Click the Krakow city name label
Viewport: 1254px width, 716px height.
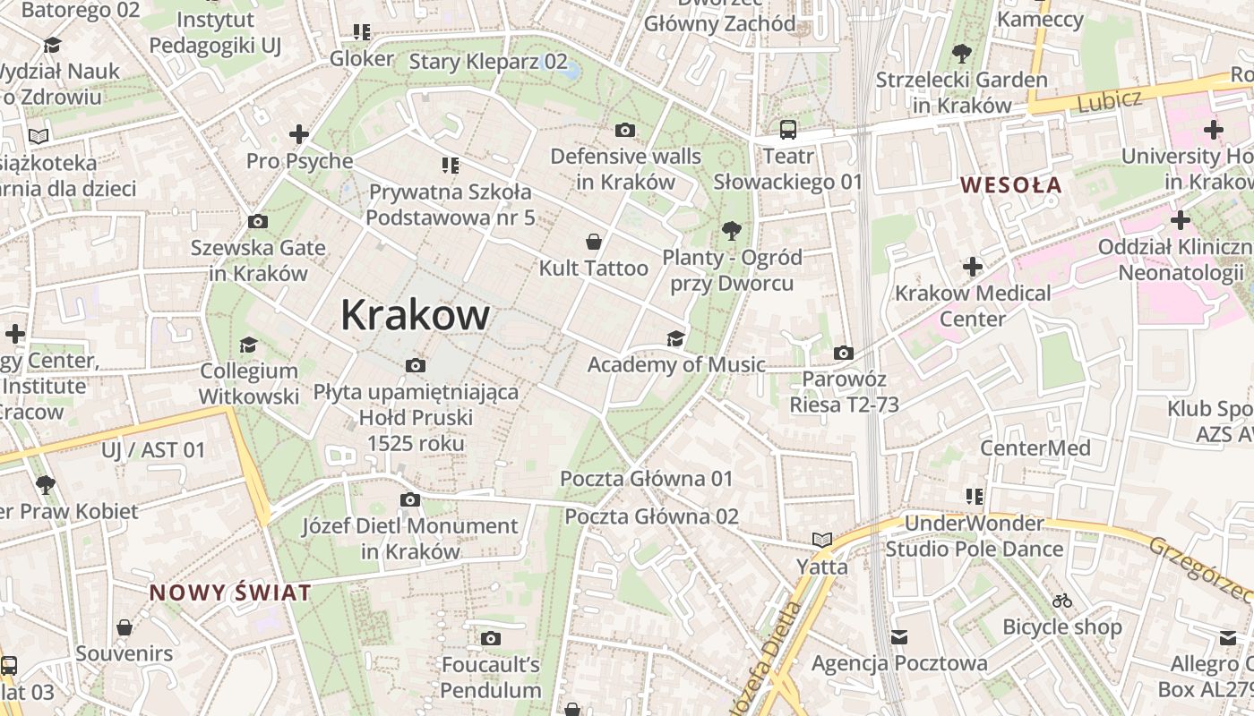(x=415, y=315)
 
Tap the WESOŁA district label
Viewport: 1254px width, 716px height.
(x=1010, y=185)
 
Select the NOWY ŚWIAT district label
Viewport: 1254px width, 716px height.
(x=230, y=592)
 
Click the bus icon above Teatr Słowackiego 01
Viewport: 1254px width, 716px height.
(x=788, y=130)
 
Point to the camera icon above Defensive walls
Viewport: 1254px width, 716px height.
(x=626, y=131)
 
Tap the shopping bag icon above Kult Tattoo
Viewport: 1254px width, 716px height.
(x=593, y=242)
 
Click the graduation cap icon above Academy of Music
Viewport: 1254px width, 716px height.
(x=675, y=338)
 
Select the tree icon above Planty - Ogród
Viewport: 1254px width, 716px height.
(x=732, y=231)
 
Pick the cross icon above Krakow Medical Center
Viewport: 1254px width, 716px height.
(x=972, y=267)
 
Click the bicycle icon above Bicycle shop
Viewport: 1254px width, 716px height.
(x=1062, y=601)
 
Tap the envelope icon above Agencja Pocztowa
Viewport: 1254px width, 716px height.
(x=899, y=637)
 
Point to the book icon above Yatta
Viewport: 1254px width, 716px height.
(x=822, y=540)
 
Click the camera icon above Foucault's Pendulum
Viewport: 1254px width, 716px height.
(x=490, y=638)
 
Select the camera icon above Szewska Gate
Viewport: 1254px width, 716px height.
(x=257, y=222)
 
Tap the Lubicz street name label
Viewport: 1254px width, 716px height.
(x=1110, y=100)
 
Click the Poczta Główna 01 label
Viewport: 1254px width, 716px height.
(x=646, y=479)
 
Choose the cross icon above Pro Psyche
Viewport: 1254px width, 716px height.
(x=299, y=135)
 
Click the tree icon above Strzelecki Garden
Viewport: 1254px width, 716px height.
(x=962, y=54)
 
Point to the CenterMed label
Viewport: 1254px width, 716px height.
(x=1035, y=447)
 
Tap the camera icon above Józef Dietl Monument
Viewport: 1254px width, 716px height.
(x=410, y=499)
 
